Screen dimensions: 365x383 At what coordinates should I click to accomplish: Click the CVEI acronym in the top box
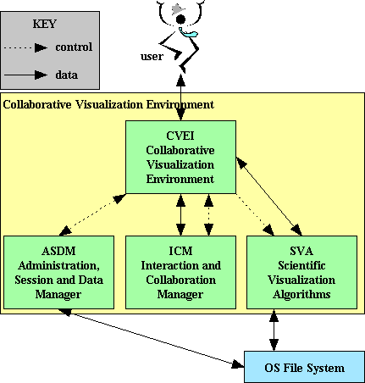[180, 136]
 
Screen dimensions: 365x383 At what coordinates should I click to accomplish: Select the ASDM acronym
[58, 251]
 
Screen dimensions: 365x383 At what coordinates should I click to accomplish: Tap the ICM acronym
[180, 251]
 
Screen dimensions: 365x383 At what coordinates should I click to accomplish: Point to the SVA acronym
[301, 251]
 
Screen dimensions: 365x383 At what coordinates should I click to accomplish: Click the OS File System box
[304, 367]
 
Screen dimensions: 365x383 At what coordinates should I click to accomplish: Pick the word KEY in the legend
[44, 24]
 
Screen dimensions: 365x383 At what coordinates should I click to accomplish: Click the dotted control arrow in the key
[25, 47]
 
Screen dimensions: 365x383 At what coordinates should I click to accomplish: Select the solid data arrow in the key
[25, 75]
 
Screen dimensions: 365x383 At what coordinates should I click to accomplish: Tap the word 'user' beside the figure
[152, 57]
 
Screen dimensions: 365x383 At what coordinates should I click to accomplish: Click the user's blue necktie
[188, 32]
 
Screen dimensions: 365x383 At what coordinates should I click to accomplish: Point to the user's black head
[180, 19]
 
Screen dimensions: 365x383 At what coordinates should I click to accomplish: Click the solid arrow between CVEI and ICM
[180, 214]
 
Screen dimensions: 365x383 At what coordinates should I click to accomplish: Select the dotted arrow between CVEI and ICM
[208, 214]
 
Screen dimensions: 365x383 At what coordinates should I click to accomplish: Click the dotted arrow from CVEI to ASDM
[93, 214]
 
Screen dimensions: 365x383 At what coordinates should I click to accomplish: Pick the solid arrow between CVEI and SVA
[269, 197]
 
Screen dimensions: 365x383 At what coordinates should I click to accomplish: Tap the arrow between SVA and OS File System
[274, 330]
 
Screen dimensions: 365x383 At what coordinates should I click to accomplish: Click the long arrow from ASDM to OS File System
[152, 338]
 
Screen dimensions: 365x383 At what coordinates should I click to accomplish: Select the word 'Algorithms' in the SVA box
[301, 295]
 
